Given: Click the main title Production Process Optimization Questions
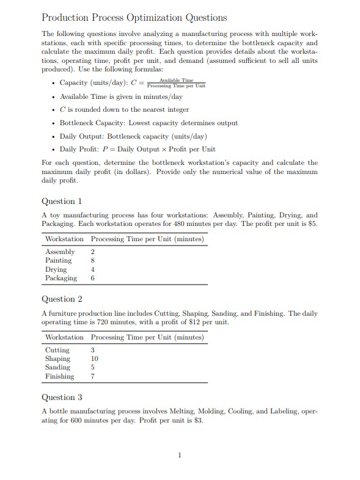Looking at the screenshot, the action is (134, 18).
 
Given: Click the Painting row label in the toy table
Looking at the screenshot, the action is (59, 260).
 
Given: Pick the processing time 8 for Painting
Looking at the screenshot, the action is (93, 260).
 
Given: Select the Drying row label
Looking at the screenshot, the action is (56, 269).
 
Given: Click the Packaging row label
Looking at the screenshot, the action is (61, 278).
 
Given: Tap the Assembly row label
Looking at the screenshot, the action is (60, 252).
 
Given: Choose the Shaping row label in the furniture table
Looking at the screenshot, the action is (58, 358).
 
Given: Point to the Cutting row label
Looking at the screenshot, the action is (57, 350).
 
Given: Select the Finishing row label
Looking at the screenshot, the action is (60, 376).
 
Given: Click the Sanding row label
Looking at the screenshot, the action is (58, 368).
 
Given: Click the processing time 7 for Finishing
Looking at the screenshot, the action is (93, 376).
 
